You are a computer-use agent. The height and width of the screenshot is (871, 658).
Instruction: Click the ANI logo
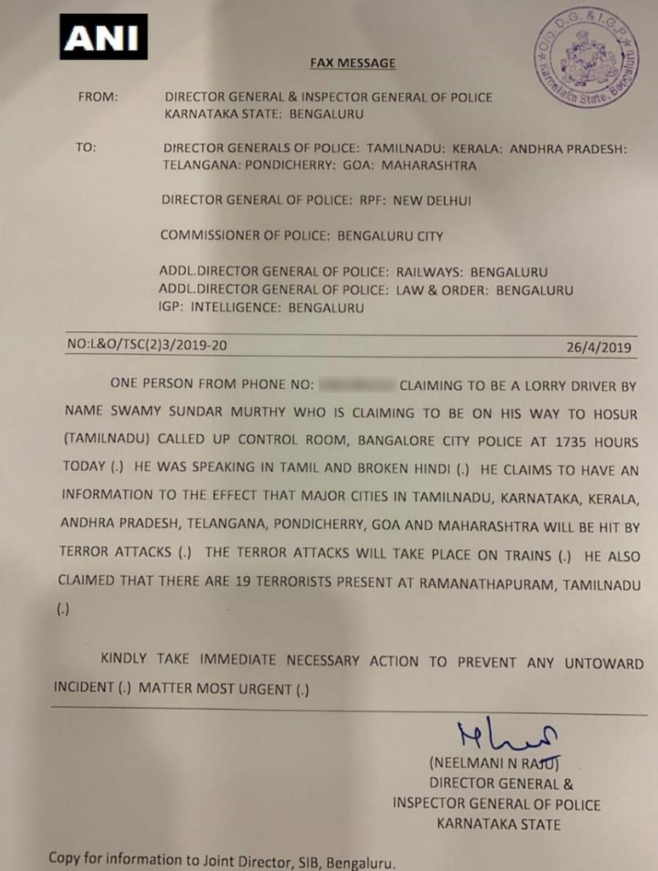pyautogui.click(x=103, y=36)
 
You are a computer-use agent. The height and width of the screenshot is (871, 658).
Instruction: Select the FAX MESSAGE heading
pyautogui.click(x=352, y=63)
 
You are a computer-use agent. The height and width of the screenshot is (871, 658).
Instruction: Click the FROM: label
pyautogui.click(x=98, y=97)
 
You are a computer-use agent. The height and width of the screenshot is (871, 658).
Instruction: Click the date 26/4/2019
pyautogui.click(x=598, y=347)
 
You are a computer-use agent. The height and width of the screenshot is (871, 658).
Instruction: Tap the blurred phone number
pyautogui.click(x=356, y=384)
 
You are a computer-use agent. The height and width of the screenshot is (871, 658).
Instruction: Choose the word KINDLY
pyautogui.click(x=127, y=661)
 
